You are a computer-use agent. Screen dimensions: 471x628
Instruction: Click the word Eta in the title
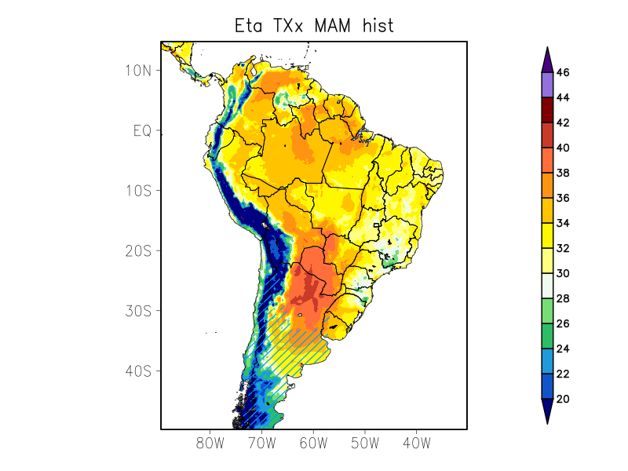250,25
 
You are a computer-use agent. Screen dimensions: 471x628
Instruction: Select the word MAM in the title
334,25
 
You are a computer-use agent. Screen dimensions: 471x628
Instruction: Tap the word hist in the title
378,25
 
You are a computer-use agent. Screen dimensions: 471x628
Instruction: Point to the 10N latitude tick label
137,71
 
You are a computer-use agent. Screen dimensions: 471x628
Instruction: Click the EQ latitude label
141,131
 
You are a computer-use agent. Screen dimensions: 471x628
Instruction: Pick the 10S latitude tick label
137,191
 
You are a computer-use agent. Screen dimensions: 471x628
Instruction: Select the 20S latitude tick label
137,250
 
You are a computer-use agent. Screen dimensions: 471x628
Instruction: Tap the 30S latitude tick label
137,311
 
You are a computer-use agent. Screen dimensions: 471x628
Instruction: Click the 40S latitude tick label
137,371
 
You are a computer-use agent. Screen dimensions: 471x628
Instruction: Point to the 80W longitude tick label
210,443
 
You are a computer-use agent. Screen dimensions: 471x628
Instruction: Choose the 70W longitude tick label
261,443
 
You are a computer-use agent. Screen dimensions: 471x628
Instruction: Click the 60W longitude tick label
313,443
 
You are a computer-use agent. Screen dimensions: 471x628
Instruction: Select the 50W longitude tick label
365,443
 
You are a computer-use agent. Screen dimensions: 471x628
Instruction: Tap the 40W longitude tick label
416,443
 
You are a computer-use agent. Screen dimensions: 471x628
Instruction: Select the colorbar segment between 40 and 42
547,135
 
